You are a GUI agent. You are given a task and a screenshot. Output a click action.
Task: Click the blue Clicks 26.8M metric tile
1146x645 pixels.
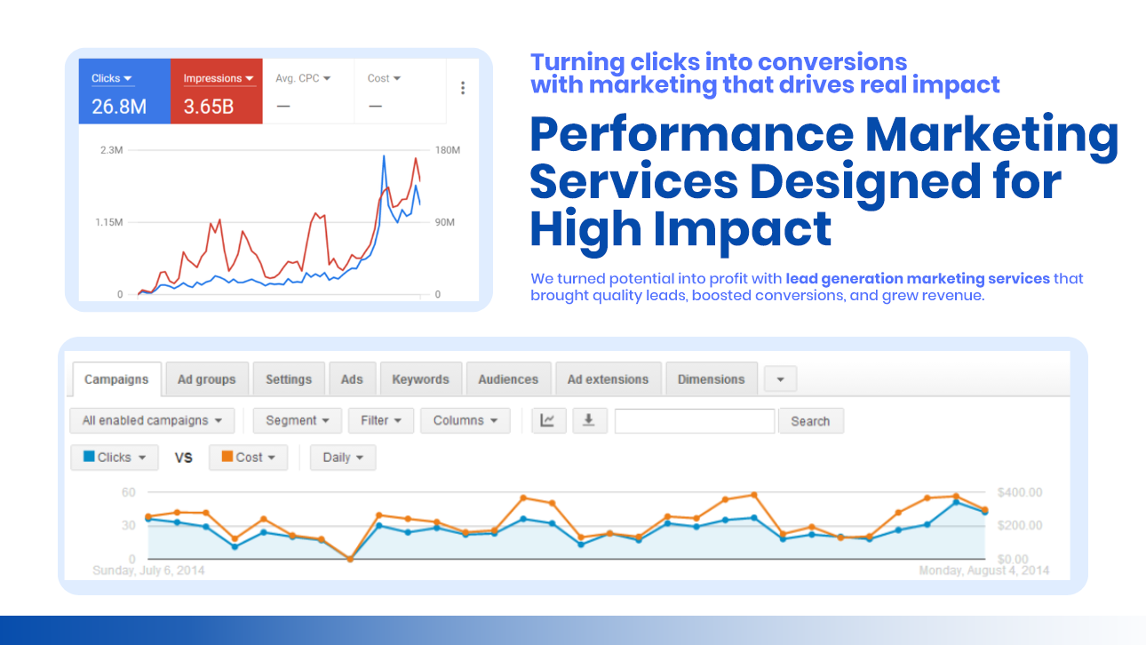coord(124,91)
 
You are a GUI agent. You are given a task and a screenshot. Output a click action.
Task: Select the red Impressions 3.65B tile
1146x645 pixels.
coord(217,91)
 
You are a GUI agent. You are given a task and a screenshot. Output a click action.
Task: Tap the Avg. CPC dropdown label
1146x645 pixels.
coord(303,78)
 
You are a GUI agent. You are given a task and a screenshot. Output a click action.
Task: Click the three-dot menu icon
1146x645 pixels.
coord(463,88)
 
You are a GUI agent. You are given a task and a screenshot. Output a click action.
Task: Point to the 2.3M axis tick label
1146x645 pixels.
coord(112,150)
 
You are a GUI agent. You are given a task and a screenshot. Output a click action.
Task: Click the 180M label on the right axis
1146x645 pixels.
coord(448,150)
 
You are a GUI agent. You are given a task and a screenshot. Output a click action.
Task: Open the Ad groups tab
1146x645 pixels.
coord(207,379)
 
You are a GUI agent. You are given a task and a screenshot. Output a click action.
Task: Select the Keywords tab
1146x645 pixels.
coord(420,379)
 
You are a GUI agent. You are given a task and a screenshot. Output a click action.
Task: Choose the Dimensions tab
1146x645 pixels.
coord(711,379)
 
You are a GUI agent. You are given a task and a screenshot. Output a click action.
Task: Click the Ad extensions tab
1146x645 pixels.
coord(608,379)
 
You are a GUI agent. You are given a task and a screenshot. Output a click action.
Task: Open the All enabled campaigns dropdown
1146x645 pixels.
coord(152,420)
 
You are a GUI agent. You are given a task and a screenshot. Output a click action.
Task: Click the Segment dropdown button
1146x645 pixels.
coord(298,420)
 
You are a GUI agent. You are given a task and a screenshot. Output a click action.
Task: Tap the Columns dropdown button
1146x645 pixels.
coord(465,420)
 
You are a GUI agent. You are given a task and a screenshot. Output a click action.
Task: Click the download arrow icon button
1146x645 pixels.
coord(589,420)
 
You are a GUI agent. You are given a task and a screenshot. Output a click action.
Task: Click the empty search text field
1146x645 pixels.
coord(694,421)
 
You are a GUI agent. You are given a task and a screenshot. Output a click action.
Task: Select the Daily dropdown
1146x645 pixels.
coord(343,458)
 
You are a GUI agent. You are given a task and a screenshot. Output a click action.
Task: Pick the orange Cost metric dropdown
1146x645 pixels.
coord(248,458)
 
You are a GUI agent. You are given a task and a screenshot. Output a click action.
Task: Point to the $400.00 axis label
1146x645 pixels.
coord(1020,492)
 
